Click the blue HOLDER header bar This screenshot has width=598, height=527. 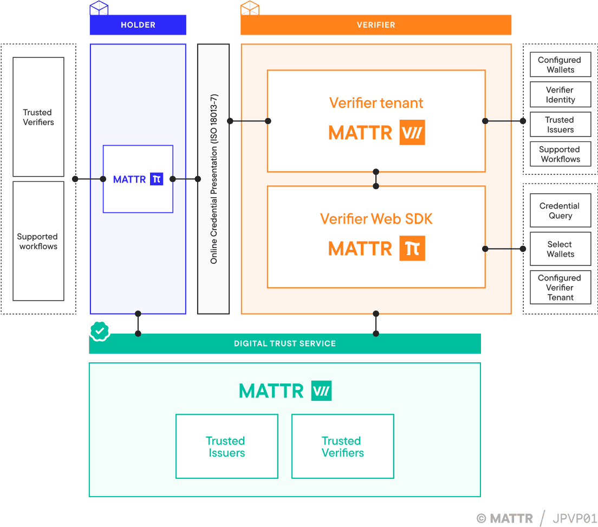point(138,25)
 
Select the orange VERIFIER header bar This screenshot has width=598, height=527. point(376,25)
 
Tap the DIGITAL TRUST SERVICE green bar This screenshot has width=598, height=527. point(285,343)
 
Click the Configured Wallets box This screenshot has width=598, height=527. point(560,65)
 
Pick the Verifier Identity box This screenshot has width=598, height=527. point(560,95)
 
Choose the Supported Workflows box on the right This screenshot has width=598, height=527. point(560,154)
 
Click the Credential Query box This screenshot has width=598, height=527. point(560,211)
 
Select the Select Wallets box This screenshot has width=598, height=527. point(560,249)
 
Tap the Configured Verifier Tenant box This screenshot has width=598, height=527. point(560,288)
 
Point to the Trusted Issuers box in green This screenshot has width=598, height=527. point(226,446)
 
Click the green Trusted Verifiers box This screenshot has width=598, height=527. point(342,446)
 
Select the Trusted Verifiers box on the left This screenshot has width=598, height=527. point(38,117)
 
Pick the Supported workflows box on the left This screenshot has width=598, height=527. point(38,241)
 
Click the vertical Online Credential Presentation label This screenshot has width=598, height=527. point(213,179)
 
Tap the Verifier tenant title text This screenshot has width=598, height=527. point(376,103)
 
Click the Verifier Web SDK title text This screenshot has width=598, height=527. point(376,219)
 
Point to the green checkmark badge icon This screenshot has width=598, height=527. point(100,330)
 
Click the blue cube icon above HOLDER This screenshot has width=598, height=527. point(99,8)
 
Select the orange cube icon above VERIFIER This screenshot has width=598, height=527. point(250,8)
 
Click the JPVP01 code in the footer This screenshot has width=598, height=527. point(574,518)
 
